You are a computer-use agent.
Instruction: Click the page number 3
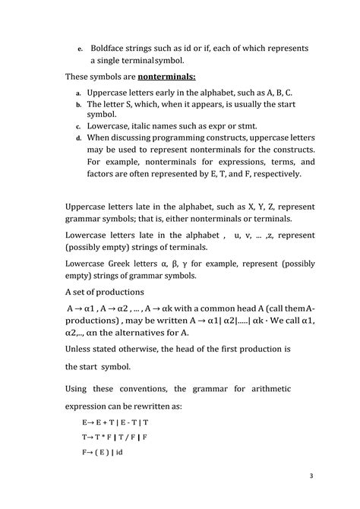pyautogui.click(x=311, y=476)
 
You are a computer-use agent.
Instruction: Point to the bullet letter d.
pyautogui.click(x=78, y=138)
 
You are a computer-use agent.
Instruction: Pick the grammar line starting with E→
pyautogui.click(x=115, y=421)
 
